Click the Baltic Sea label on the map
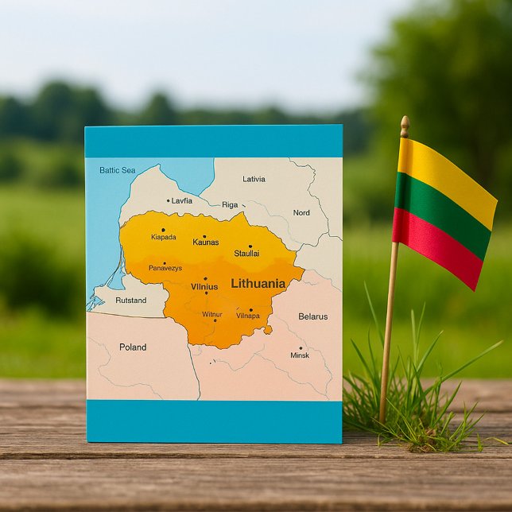click(118, 170)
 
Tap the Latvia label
click(254, 179)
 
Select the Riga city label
click(230, 205)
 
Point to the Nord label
click(301, 213)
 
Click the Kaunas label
click(205, 242)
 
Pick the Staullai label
click(246, 254)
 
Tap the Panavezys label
click(165, 268)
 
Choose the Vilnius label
click(204, 287)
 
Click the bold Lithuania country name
click(258, 284)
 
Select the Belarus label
click(312, 316)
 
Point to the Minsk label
click(300, 355)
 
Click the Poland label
click(133, 347)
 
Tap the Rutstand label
click(131, 301)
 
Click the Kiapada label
click(163, 237)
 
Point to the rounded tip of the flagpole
click(405, 122)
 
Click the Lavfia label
click(181, 201)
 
